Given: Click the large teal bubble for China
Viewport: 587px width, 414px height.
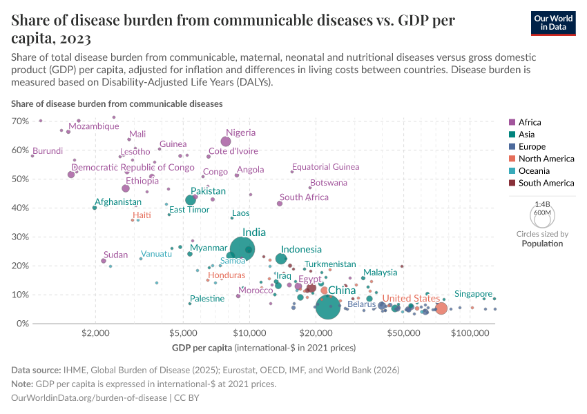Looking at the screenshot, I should [328, 306].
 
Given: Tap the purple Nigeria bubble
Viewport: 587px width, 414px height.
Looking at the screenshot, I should [226, 141].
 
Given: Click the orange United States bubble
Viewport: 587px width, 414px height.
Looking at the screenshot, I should [441, 308].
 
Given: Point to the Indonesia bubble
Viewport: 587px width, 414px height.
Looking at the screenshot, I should [281, 259].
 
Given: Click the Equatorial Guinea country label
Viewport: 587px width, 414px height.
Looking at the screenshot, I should [325, 167].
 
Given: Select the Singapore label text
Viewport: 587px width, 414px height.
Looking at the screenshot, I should [473, 293].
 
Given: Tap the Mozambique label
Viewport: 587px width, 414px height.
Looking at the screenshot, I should [94, 126].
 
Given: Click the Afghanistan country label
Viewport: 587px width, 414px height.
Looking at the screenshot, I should [118, 202].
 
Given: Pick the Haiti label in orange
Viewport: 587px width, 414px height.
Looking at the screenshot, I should [141, 215].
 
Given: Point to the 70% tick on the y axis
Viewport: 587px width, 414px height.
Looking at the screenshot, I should [19, 121].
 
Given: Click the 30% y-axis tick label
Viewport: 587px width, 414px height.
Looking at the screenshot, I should [19, 237].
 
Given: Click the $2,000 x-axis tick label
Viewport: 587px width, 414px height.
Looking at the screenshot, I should [95, 333].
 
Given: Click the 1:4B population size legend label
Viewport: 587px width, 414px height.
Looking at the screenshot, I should [542, 204].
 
